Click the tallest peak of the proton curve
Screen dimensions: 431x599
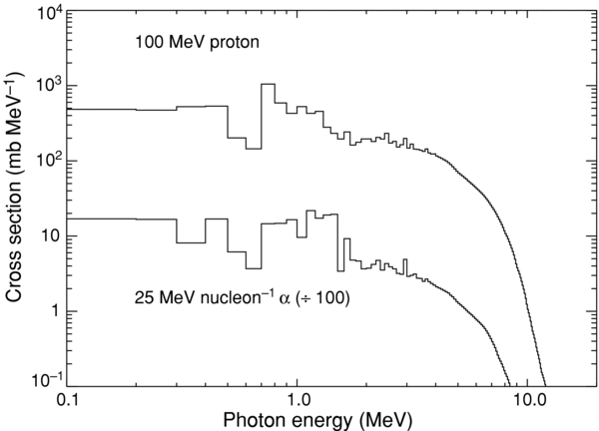268,85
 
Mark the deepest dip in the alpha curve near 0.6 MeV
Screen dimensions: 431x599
254,267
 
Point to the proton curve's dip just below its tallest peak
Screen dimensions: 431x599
254,149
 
